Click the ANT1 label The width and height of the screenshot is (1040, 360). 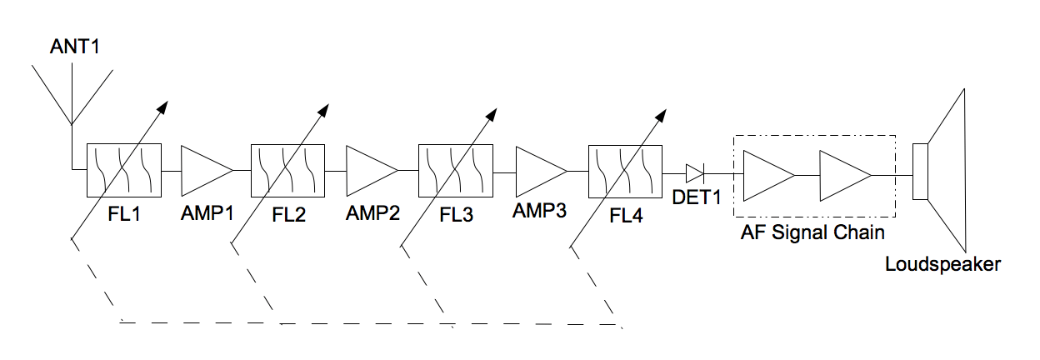point(75,47)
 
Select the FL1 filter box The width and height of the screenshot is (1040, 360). point(123,170)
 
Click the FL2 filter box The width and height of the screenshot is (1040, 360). point(287,170)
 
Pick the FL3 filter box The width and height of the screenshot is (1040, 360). point(455,170)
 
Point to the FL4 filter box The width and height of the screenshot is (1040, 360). point(625,171)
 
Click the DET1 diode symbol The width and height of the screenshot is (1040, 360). point(694,173)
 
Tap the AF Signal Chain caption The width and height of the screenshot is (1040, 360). point(812,232)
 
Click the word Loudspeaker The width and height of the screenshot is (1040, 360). point(942,265)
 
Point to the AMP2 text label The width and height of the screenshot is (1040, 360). point(372,212)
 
